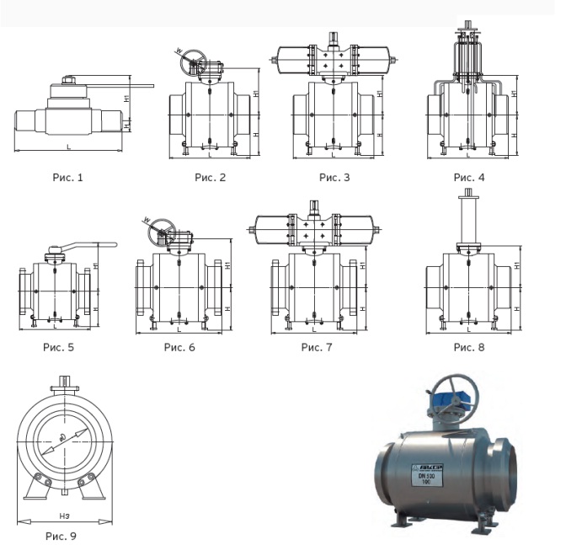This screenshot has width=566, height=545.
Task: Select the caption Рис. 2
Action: [x=211, y=177]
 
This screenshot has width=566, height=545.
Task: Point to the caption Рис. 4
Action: [x=469, y=177]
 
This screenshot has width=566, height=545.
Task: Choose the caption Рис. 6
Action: [x=179, y=346]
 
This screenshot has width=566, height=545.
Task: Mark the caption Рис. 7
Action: [x=317, y=346]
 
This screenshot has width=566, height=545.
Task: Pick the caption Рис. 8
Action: [x=469, y=346]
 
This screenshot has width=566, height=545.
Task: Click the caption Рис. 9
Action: [x=61, y=534]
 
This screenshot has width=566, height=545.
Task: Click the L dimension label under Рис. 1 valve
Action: [x=68, y=147]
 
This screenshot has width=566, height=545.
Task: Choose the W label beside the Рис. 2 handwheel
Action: [x=179, y=51]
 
